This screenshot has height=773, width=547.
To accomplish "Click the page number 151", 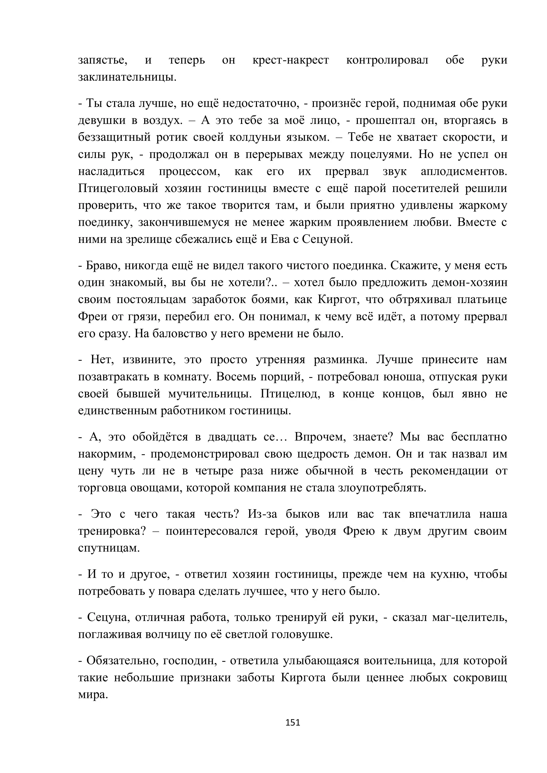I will (292, 722).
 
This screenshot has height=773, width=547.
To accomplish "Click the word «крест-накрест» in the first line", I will (290, 60).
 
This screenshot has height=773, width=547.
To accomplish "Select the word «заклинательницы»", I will (127, 77).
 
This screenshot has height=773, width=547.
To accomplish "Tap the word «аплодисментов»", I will (464, 172).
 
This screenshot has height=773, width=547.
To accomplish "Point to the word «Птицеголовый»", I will (118, 188).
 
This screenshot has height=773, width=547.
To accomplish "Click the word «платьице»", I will (482, 300).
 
